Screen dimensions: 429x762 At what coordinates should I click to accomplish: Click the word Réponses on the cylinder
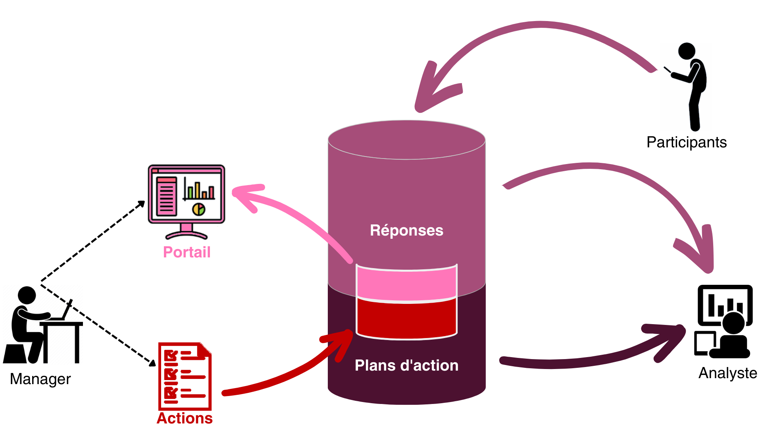point(406,230)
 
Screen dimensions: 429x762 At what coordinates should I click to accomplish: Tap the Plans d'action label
point(406,365)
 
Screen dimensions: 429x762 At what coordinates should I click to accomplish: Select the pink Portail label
point(187,252)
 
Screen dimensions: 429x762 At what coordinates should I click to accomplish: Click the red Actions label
point(185,418)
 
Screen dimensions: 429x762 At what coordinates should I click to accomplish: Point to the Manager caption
point(40,379)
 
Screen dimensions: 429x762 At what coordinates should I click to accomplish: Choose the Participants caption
point(686,142)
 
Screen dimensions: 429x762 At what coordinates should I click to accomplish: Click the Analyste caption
point(727,373)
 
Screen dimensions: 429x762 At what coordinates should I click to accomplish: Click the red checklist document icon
point(185,376)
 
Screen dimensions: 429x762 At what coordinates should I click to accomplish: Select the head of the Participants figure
point(687,51)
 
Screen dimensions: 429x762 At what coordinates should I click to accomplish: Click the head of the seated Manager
point(27,295)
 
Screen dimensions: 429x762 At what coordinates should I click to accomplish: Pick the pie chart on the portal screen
point(199,209)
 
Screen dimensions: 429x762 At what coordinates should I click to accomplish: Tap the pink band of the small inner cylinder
point(406,284)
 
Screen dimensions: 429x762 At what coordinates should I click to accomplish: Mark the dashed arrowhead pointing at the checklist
point(152,363)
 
